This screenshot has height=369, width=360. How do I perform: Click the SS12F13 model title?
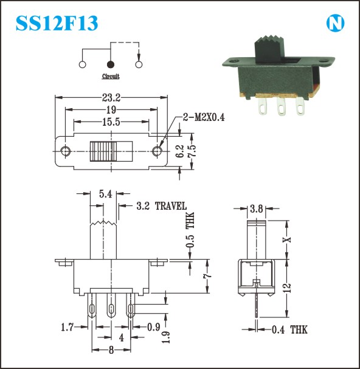coord(57,23)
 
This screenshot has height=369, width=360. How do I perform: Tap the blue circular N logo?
coord(335,23)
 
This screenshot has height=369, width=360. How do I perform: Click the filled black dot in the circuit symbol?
coord(111,64)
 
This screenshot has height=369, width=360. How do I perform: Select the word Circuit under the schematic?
coord(111,76)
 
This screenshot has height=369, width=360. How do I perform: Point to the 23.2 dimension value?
coord(111,97)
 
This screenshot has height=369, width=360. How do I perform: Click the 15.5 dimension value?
coord(111,122)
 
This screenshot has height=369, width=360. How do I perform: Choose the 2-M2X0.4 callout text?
coord(204,117)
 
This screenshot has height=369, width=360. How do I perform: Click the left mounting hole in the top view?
coord(66,151)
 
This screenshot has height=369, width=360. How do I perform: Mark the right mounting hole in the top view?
coord(157,151)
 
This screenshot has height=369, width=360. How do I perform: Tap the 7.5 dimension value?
coord(192,151)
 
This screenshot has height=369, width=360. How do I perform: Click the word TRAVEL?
coord(171,206)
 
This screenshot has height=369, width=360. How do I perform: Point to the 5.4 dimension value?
coord(105,194)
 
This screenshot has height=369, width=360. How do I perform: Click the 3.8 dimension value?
coord(257,209)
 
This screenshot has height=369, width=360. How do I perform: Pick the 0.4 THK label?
coord(289,329)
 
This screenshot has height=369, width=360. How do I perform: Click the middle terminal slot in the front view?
coord(111,309)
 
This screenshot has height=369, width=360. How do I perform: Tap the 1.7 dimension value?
coord(67,327)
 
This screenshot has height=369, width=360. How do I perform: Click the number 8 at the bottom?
coord(111,350)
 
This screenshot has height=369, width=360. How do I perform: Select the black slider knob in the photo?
coord(270,49)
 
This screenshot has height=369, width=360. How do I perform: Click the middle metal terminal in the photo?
coord(281,106)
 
